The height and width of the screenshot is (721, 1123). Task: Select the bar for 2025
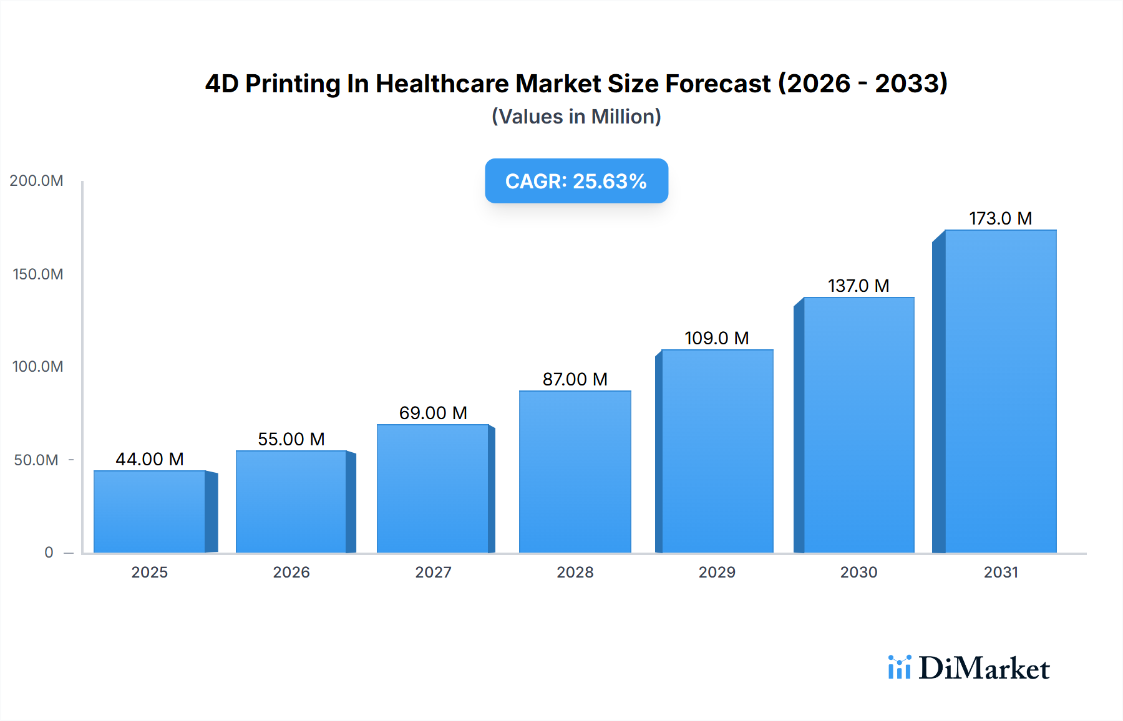pyautogui.click(x=150, y=511)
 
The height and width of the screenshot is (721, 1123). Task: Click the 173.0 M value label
pyautogui.click(x=1000, y=218)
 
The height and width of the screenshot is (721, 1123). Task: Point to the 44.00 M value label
pyautogui.click(x=150, y=459)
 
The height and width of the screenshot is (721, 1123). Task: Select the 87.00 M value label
pyautogui.click(x=575, y=379)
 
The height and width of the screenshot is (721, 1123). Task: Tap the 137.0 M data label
pyautogui.click(x=858, y=286)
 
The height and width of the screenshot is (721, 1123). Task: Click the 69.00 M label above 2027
pyautogui.click(x=433, y=413)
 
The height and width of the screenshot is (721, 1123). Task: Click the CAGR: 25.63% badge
pyautogui.click(x=576, y=181)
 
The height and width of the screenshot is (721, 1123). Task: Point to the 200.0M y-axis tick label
pyautogui.click(x=37, y=181)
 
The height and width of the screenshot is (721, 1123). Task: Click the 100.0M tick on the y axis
pyautogui.click(x=38, y=367)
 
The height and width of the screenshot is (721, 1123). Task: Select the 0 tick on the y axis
pyautogui.click(x=49, y=553)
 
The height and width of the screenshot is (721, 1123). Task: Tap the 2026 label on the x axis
pyautogui.click(x=291, y=573)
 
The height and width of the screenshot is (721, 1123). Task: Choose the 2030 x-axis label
pyautogui.click(x=858, y=573)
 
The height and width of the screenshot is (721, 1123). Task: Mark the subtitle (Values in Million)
pyautogui.click(x=576, y=117)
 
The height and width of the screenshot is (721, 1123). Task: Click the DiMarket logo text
pyautogui.click(x=984, y=669)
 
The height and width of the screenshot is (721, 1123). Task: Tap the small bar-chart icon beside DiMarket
pyautogui.click(x=899, y=667)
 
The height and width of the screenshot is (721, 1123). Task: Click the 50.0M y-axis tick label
pyautogui.click(x=36, y=460)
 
